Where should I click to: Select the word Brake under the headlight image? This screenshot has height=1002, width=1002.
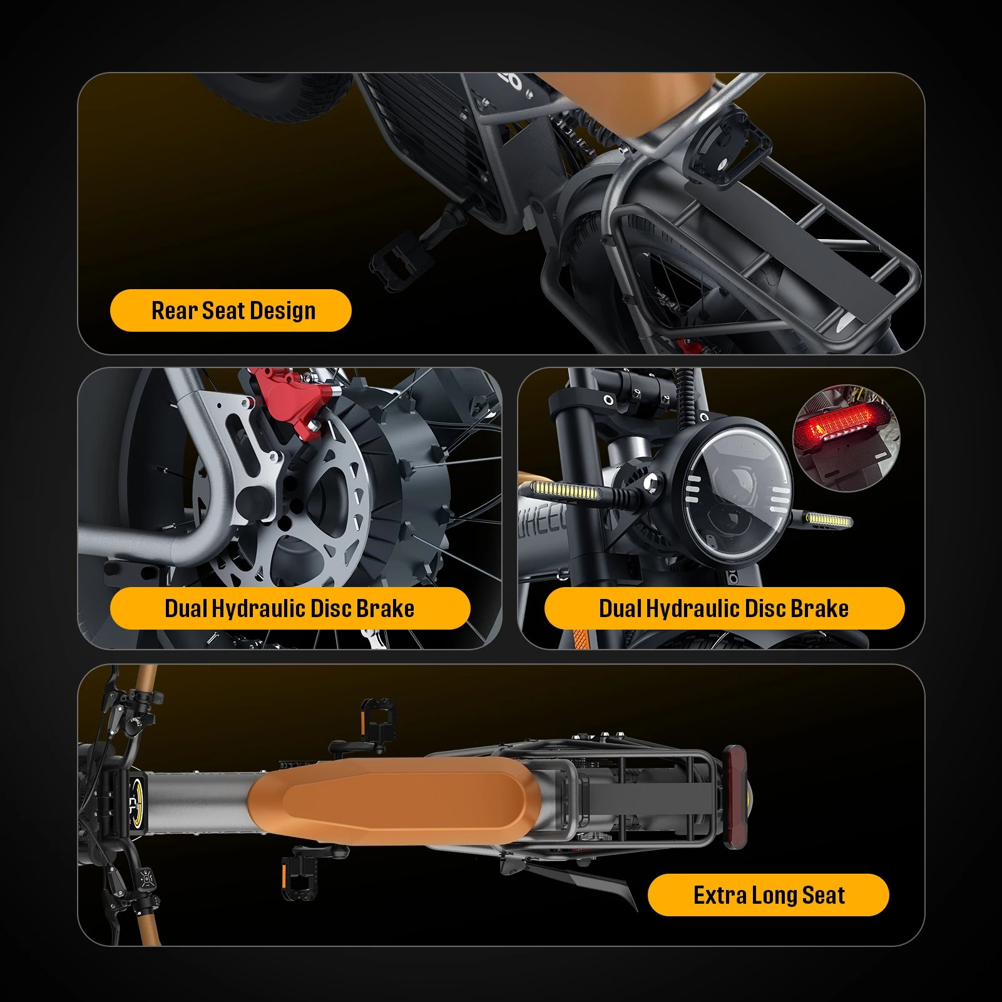[x=820, y=608]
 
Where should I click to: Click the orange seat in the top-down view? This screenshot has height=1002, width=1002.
[x=388, y=801]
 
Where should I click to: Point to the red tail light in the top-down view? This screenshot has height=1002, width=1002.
[x=735, y=797]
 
